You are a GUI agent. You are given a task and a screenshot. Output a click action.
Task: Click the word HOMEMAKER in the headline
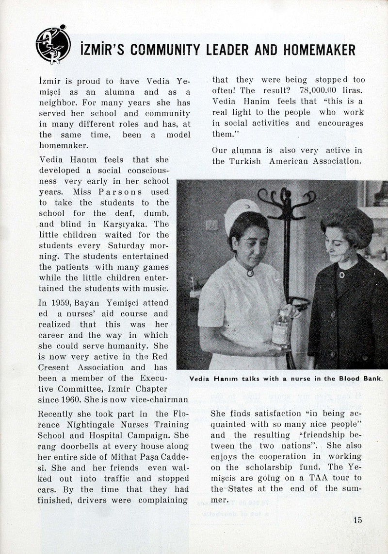click(318, 50)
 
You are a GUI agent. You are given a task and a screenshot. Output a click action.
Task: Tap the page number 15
click(357, 520)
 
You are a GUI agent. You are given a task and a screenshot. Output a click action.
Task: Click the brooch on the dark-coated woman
click(341, 275)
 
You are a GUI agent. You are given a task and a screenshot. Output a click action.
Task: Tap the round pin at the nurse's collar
click(250, 273)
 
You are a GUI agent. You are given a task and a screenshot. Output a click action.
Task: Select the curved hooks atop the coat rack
click(286, 198)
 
